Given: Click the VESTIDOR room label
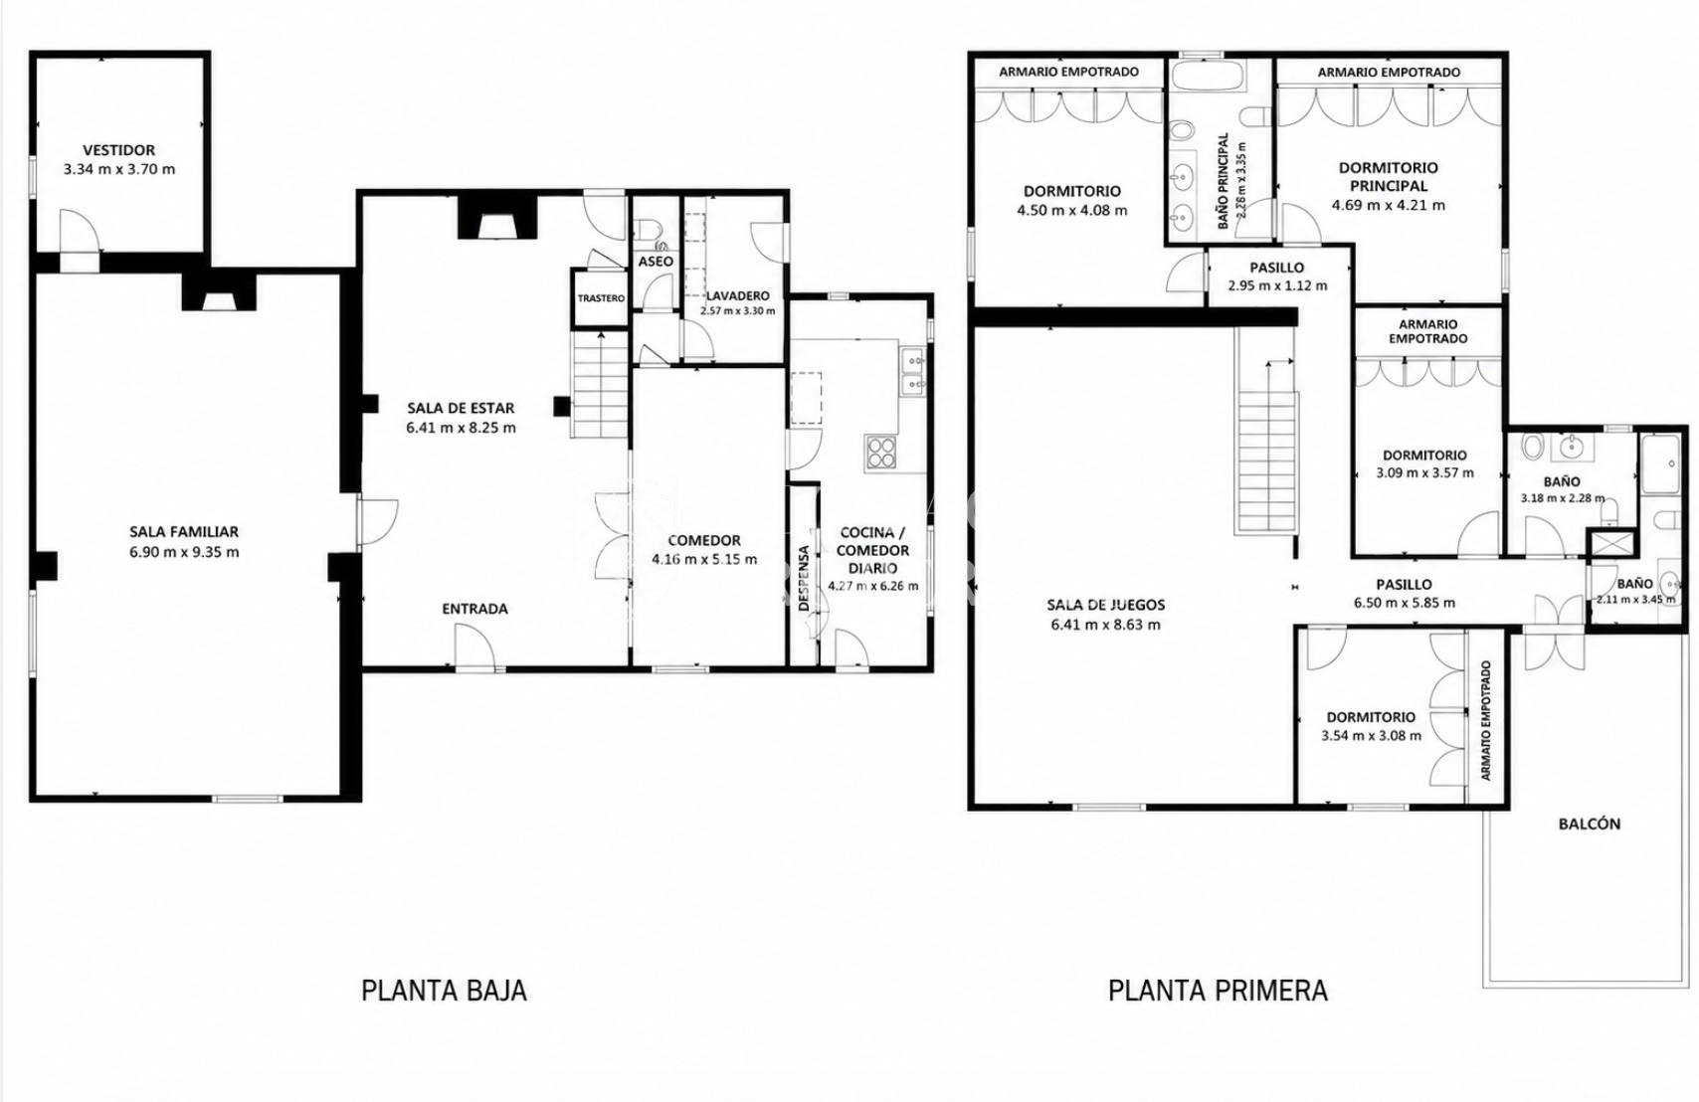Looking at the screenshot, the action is tap(119, 150).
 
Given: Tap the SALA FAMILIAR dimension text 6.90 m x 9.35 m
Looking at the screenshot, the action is tap(184, 552).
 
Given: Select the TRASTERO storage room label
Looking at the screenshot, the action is tap(601, 298).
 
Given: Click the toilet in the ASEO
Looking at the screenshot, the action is tap(650, 229).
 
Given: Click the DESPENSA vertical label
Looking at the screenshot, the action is tap(804, 578).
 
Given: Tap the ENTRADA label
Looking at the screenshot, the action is tap(474, 609).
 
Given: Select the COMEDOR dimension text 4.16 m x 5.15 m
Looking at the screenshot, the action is tap(704, 560).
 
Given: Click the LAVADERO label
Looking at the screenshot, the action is tap(737, 295).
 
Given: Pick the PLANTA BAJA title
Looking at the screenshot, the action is tap(444, 991).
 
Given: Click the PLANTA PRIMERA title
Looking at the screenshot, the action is tap(1219, 991).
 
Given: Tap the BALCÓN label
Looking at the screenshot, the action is tap(1589, 824).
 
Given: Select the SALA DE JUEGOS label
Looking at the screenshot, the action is tap(1106, 606).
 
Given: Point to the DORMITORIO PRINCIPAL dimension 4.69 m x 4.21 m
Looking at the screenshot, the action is tap(1388, 205).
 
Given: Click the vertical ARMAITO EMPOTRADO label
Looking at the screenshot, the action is tap(1486, 720).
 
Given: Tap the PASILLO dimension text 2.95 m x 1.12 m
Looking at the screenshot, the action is tap(1277, 285).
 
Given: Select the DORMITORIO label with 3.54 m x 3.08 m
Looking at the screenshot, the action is tap(1371, 717).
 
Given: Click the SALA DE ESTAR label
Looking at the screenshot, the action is tap(461, 408).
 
